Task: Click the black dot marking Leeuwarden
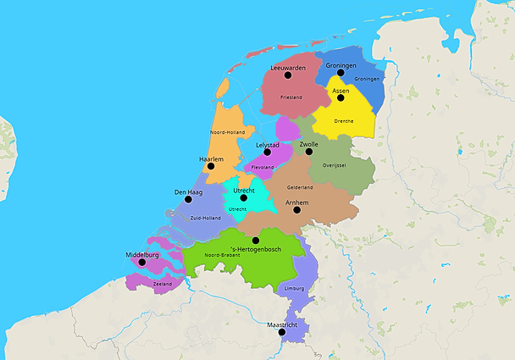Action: (288, 75)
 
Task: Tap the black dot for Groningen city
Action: (341, 73)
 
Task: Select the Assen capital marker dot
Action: (341, 97)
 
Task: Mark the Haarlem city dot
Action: (211, 166)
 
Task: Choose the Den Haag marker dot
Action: (188, 199)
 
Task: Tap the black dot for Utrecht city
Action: (243, 198)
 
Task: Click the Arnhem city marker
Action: (296, 210)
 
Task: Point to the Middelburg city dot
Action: (142, 262)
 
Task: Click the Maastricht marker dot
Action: (282, 332)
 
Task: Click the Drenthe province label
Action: (345, 121)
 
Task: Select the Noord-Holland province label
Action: (226, 132)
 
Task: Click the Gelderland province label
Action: (300, 187)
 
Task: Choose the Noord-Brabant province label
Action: (221, 254)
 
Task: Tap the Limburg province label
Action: (294, 288)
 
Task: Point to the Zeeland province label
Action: (163, 284)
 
